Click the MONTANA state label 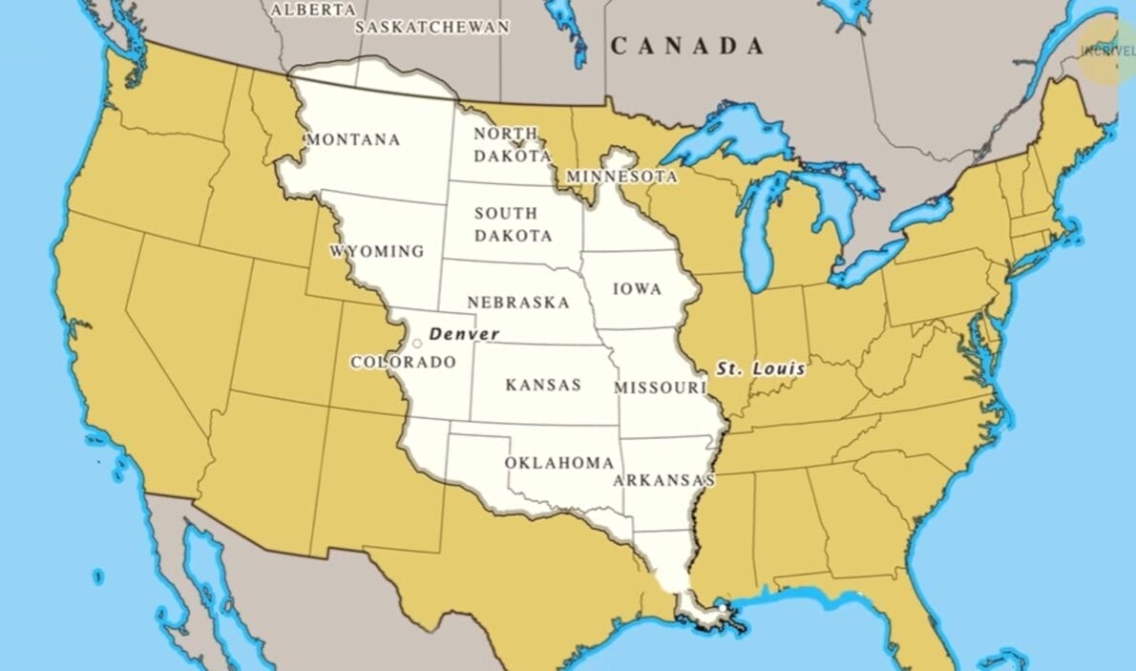click(x=352, y=139)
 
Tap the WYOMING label click(x=377, y=251)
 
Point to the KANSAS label click(x=542, y=385)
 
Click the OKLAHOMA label click(x=558, y=463)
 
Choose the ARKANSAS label click(x=664, y=479)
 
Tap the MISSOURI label click(x=660, y=388)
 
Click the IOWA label click(x=637, y=288)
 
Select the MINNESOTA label click(x=621, y=177)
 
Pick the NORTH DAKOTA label click(x=513, y=144)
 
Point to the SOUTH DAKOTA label click(x=513, y=224)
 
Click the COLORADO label click(x=403, y=363)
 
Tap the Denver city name click(x=464, y=334)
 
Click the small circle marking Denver click(x=416, y=343)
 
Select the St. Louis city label click(x=761, y=367)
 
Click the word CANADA click(x=687, y=46)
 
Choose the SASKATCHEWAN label click(x=432, y=27)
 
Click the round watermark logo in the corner click(x=1108, y=50)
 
